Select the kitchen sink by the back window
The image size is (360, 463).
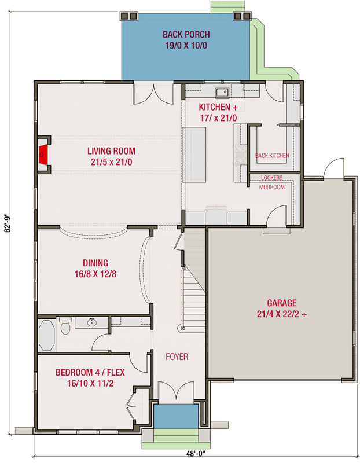pyautogui.click(x=221, y=92)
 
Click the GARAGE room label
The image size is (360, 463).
pyautogui.click(x=281, y=303)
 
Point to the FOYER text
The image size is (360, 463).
pyautogui.click(x=177, y=357)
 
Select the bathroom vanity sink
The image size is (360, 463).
pyautogui.click(x=92, y=322)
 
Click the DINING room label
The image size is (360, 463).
pyautogui.click(x=95, y=263)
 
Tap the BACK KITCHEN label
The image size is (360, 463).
pyautogui.click(x=271, y=156)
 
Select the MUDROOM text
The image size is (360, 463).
pyautogui.click(x=271, y=187)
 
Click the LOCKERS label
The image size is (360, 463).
pyautogui.click(x=271, y=178)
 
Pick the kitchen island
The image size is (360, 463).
pyautogui.click(x=194, y=154)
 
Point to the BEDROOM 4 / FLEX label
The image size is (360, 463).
pyautogui.click(x=90, y=377)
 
